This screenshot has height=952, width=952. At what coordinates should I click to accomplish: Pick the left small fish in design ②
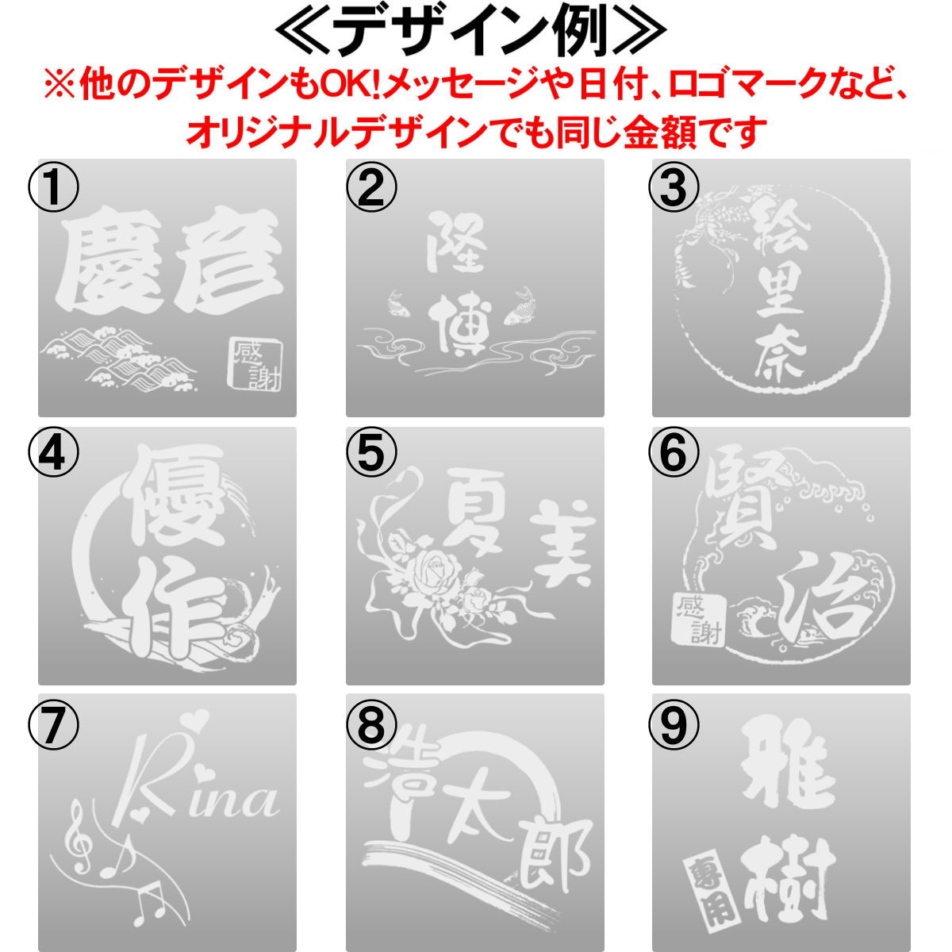point(396,303)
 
